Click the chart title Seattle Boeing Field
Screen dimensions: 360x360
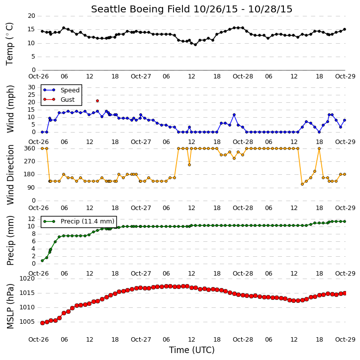[141, 9]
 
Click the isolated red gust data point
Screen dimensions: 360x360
[97, 101]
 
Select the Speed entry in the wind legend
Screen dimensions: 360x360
[62, 90]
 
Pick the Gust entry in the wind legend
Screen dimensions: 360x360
[59, 99]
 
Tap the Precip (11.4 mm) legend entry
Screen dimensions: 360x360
[79, 221]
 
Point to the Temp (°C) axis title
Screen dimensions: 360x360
[9, 44]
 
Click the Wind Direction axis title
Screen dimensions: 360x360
[10, 174]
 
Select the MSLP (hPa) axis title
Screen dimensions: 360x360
[10, 306]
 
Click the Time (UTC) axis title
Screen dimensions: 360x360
[192, 350]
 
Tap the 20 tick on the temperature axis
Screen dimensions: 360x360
[31, 16]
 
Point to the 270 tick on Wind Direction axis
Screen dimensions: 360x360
[30, 161]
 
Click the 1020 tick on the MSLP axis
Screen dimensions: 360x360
[27, 279]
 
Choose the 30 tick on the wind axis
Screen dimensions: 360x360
[31, 87]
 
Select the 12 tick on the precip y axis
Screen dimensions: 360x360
[31, 219]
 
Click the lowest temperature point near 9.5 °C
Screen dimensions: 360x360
[195, 45]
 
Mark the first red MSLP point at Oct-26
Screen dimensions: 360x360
[42, 323]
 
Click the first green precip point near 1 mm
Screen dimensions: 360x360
[42, 261]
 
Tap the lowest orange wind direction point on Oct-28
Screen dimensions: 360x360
[302, 184]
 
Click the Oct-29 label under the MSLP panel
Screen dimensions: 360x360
[345, 339]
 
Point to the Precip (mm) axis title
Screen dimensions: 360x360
[10, 240]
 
